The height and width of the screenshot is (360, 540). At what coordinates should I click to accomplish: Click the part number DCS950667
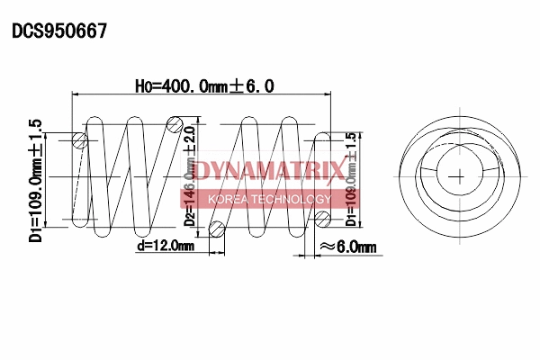click(x=59, y=31)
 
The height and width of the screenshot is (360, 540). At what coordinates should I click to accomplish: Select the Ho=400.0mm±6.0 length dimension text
click(x=204, y=86)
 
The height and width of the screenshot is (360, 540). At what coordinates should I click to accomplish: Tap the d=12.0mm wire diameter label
click(x=166, y=245)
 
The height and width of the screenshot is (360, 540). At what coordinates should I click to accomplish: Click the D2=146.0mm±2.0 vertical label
click(x=190, y=175)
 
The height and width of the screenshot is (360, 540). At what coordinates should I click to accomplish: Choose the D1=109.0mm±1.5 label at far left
click(x=36, y=180)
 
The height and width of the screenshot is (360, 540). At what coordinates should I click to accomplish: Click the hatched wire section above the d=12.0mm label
click(x=216, y=230)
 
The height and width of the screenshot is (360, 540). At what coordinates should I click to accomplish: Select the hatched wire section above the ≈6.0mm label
click(x=322, y=218)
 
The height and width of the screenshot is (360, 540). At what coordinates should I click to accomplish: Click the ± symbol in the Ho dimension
click(x=237, y=86)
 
